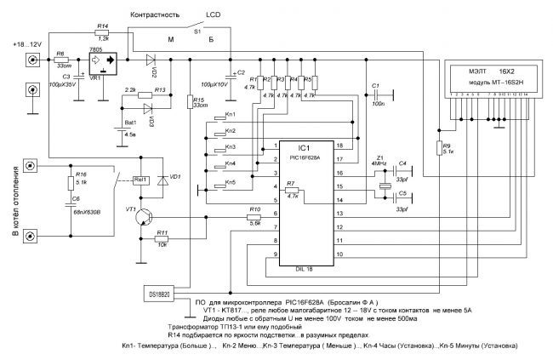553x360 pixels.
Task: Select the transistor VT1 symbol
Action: click(141, 217)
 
